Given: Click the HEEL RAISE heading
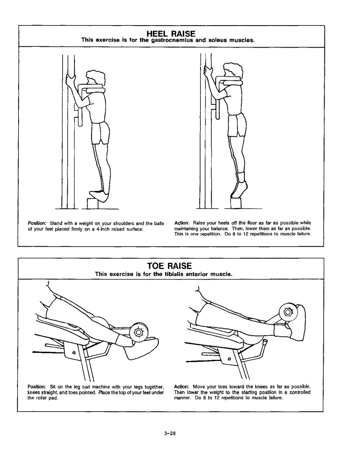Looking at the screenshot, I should point(171,34).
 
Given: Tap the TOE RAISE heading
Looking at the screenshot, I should point(169,266).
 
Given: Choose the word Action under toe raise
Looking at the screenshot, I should point(181,386).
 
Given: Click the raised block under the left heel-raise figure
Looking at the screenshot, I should point(93,203).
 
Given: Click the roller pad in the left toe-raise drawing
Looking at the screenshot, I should point(138,332).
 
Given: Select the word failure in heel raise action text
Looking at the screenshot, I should point(303,234).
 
